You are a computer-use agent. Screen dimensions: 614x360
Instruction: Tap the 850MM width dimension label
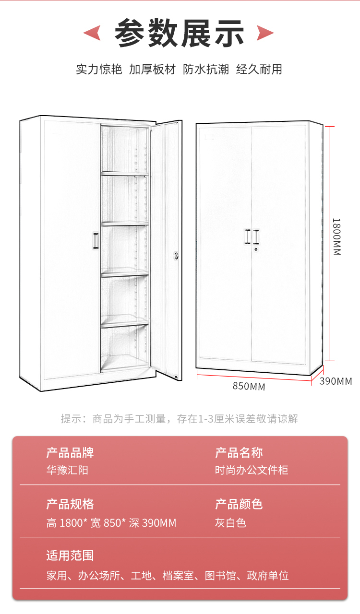(249, 386)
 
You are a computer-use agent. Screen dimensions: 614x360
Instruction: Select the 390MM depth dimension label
(336, 381)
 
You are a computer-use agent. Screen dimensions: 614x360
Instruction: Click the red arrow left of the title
(92, 33)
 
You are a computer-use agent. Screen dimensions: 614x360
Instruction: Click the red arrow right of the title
(265, 33)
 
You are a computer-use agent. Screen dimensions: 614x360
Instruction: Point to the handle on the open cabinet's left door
(96, 241)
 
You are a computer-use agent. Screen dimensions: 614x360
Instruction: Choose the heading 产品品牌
(70, 452)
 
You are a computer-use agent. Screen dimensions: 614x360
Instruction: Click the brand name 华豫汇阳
(67, 470)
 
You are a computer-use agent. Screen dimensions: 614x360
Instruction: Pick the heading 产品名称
(239, 452)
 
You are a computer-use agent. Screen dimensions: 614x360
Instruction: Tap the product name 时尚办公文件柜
(252, 470)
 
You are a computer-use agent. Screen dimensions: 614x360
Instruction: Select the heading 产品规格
(70, 504)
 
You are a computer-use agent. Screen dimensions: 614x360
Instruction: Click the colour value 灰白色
(230, 522)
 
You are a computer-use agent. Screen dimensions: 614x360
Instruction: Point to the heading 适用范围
(70, 556)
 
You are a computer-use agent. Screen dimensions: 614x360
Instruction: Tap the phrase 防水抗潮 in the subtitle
(206, 69)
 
